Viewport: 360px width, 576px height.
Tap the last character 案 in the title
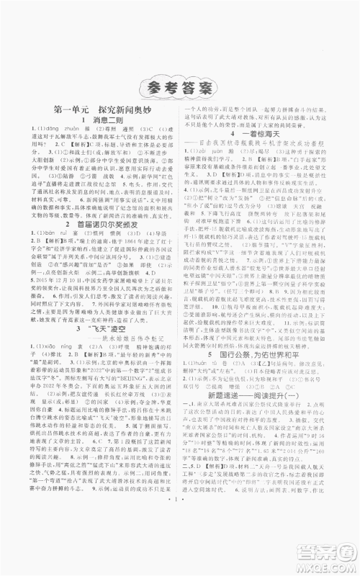tap(212, 91)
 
